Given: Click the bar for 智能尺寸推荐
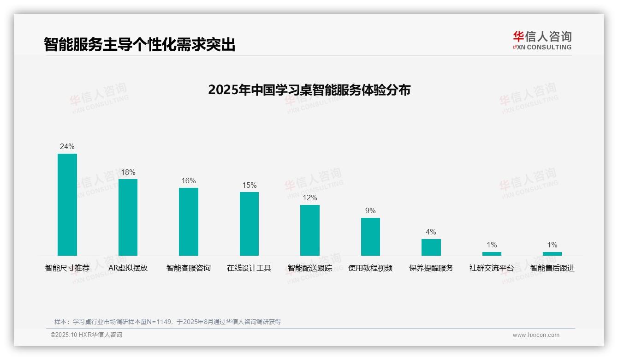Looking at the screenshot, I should click(67, 204).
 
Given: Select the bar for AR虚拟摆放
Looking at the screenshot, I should click(128, 217).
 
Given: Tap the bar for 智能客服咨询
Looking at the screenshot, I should click(189, 222).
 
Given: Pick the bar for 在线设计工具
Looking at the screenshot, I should click(249, 223).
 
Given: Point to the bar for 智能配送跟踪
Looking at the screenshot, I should click(310, 230).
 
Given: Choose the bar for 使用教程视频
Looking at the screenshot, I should click(370, 236).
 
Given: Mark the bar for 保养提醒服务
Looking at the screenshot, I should click(431, 247).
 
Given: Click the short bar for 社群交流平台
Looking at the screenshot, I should click(492, 253).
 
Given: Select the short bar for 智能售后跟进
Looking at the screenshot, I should click(552, 253).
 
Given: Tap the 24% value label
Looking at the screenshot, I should click(67, 147).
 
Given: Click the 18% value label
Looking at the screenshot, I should click(128, 173).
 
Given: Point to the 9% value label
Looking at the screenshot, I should click(370, 211).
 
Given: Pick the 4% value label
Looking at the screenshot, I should click(431, 232).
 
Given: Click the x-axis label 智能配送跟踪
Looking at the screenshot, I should click(310, 268).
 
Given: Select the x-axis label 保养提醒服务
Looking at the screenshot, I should click(431, 268).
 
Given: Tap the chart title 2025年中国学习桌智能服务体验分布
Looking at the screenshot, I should click(309, 90).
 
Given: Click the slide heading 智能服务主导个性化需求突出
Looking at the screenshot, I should click(139, 45).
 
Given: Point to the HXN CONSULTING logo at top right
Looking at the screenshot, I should click(542, 41).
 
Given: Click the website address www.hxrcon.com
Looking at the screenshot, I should click(536, 335).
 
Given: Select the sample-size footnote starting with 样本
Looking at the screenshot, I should click(167, 322).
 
